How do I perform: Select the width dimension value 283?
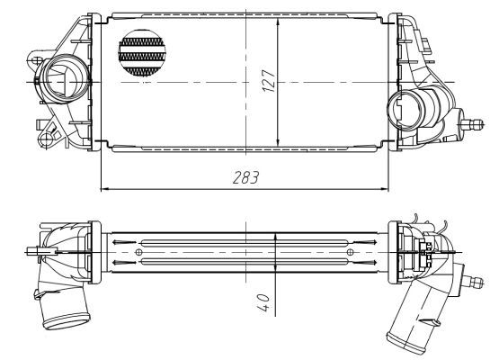point(244,178)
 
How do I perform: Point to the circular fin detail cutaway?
point(144,52)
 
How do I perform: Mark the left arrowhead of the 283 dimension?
point(102,189)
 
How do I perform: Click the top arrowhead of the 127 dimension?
point(281,20)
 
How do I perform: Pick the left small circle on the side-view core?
point(138,253)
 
